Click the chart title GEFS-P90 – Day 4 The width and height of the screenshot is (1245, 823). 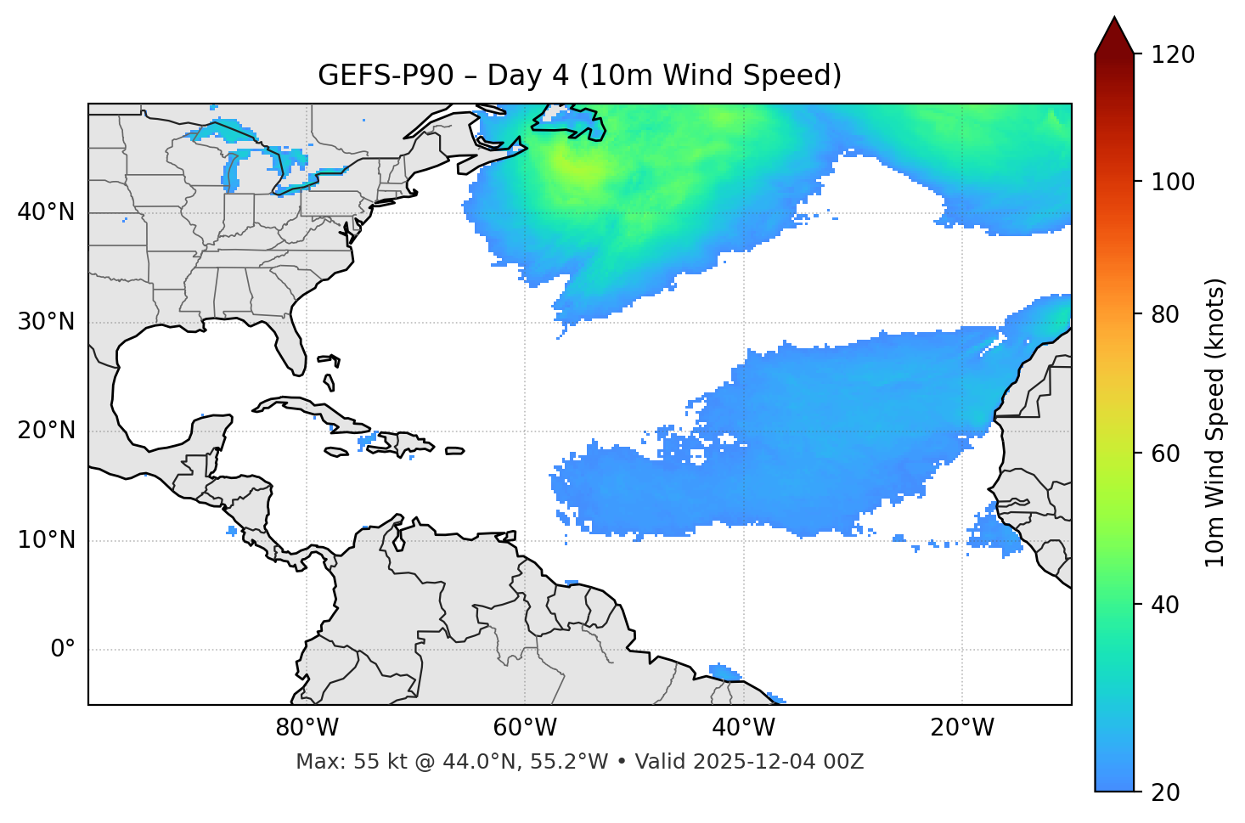[x=579, y=76]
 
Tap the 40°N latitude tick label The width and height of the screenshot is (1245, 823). [x=46, y=212]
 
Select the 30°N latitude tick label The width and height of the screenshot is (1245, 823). [x=46, y=322]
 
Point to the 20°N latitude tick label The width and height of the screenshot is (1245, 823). [x=46, y=431]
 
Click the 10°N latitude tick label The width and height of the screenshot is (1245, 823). [x=46, y=540]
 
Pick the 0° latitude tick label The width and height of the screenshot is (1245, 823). [x=63, y=650]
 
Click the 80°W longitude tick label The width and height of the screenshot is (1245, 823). [x=307, y=728]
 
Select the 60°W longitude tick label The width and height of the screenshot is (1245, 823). [x=525, y=728]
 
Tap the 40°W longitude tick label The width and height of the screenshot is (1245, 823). [x=744, y=728]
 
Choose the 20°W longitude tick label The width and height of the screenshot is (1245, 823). [x=962, y=728]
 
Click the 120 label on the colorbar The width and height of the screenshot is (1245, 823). [x=1173, y=55]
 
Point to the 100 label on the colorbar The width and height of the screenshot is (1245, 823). [x=1173, y=182]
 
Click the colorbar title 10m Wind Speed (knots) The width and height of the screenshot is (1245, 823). [x=1215, y=423]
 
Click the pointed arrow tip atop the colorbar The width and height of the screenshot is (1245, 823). [x=1114, y=20]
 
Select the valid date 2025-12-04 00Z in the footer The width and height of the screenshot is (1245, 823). [x=778, y=762]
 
